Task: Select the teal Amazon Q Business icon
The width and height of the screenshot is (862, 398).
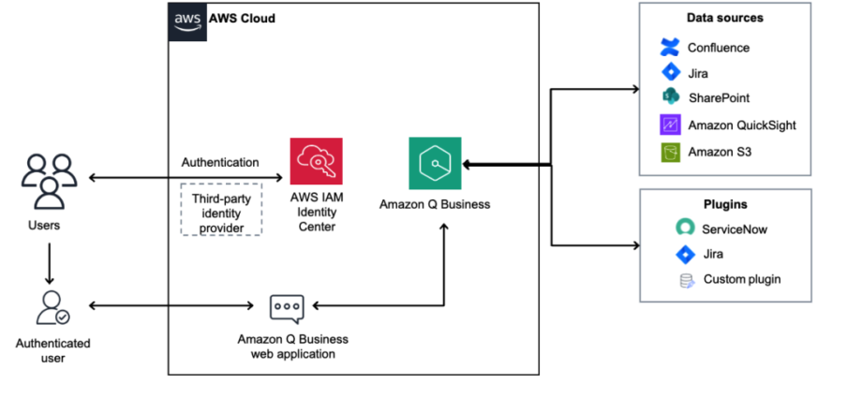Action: tap(435, 163)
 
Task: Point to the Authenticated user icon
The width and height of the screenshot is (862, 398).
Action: tap(49, 308)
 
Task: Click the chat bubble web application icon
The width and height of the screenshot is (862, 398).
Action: tap(286, 307)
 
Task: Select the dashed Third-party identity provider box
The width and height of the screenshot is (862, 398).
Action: tap(220, 210)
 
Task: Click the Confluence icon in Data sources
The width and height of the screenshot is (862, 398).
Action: tap(669, 47)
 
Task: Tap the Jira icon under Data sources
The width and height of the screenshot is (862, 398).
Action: tap(669, 72)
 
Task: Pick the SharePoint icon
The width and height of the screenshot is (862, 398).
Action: tap(669, 97)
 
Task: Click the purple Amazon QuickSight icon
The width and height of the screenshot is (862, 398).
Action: tap(669, 125)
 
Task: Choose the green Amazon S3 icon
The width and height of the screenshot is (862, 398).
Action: tap(669, 151)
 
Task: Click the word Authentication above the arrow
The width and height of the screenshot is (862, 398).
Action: tap(220, 163)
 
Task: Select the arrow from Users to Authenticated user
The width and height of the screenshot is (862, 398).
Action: tap(49, 264)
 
